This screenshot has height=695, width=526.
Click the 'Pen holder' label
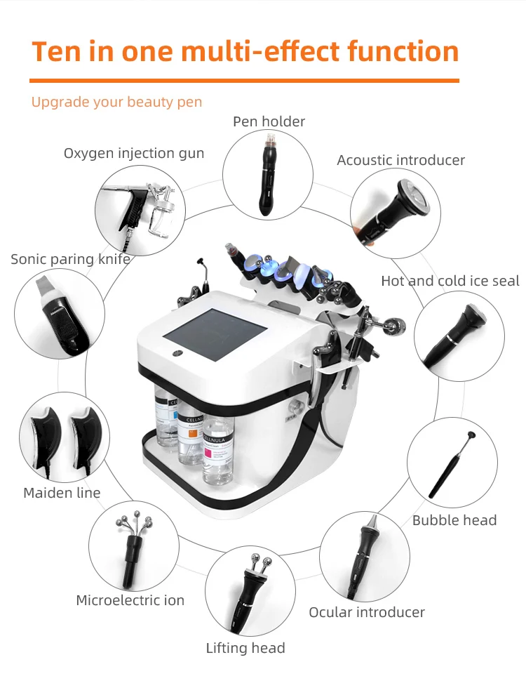[x=269, y=121]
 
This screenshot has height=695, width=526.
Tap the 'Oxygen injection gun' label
[x=134, y=153]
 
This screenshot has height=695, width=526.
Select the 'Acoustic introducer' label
[x=400, y=160]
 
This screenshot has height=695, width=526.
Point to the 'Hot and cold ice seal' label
[x=450, y=281]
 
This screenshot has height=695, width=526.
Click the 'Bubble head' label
[x=454, y=520]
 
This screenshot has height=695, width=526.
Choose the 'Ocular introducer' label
[x=367, y=612]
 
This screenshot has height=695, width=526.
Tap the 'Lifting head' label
[x=245, y=648]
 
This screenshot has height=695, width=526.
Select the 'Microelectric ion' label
[x=130, y=600]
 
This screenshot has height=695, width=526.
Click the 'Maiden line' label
[x=62, y=493]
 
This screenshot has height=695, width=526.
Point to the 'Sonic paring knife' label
[x=70, y=259]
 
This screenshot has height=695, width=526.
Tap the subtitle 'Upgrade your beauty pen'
[x=116, y=102]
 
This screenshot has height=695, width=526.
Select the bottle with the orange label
[x=190, y=439]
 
